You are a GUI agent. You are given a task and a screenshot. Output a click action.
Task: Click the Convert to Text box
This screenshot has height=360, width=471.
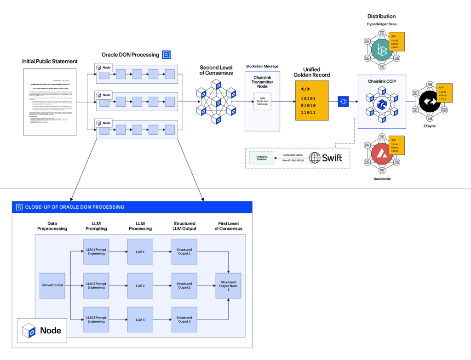[52, 285]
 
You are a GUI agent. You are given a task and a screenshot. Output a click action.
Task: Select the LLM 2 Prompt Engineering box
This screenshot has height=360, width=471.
[96, 286]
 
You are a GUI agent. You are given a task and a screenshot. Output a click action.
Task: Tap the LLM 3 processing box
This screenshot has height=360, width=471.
[140, 320]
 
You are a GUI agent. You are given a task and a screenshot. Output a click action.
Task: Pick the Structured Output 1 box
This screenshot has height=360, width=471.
[184, 251]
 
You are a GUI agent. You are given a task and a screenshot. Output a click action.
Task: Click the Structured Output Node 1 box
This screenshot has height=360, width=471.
[228, 286]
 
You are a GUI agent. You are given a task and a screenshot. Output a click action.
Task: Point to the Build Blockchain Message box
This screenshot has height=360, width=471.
[262, 102]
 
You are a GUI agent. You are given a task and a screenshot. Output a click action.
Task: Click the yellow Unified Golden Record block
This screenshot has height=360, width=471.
[312, 101]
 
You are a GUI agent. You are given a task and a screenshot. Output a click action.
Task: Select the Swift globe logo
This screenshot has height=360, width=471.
[315, 158]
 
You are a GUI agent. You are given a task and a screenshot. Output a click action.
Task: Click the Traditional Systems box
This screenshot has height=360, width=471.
[261, 158]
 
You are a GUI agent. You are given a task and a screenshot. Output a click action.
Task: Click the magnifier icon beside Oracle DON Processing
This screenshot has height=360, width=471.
[166, 55]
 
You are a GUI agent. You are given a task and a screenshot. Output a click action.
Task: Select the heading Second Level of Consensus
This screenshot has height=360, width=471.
[216, 70]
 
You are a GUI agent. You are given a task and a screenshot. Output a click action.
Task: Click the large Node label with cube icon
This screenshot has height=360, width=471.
[43, 330]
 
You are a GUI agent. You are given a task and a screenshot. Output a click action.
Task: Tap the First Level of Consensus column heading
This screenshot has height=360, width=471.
[228, 225]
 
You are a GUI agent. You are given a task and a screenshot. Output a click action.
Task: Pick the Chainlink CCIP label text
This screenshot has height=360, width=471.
[381, 81]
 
